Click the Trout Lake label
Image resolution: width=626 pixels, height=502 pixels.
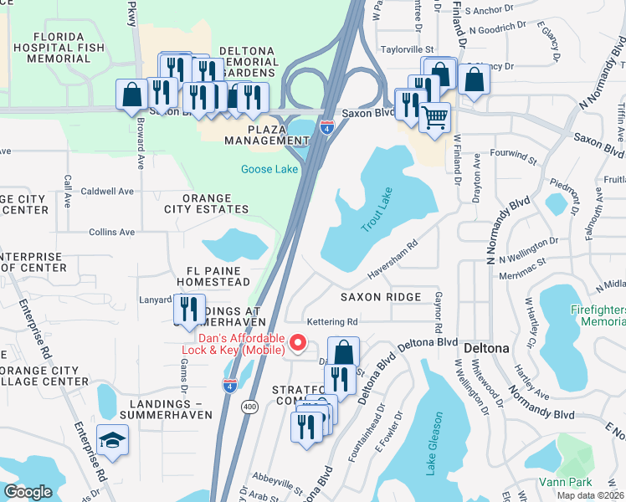click(x=377, y=209)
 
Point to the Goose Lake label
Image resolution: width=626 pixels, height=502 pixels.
click(x=269, y=169)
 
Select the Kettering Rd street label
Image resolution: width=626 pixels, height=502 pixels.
click(x=332, y=321)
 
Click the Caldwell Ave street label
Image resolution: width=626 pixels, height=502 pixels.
click(x=107, y=191)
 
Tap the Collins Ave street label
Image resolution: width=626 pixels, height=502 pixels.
click(x=111, y=232)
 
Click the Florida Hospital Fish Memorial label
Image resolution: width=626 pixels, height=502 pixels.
click(x=59, y=48)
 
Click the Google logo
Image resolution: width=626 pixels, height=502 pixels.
click(x=28, y=492)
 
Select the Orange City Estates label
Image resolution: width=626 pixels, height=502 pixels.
click(x=206, y=209)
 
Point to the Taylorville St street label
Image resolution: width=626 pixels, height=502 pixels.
click(x=408, y=49)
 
